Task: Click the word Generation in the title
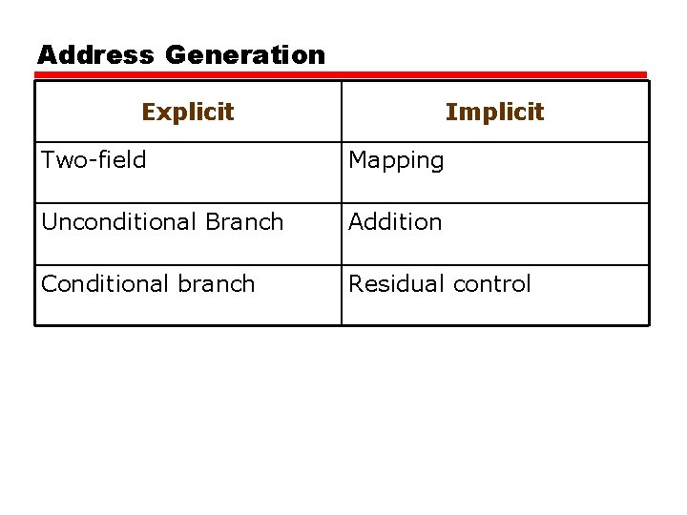click(x=245, y=55)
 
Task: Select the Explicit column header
click(x=188, y=112)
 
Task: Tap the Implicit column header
click(x=494, y=112)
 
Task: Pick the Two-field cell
click(x=94, y=160)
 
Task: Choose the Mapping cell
click(x=396, y=161)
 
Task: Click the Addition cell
click(x=395, y=222)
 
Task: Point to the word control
click(x=491, y=284)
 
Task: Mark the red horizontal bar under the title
click(x=342, y=74)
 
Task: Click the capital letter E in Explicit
click(x=148, y=112)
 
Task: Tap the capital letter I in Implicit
click(x=449, y=112)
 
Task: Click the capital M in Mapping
click(x=358, y=160)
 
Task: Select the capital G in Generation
click(x=177, y=55)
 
